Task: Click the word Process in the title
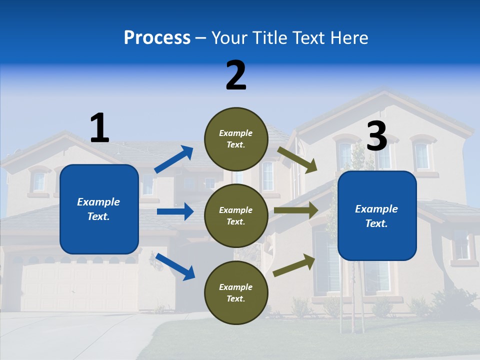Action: pyautogui.click(x=157, y=37)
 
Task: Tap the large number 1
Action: pyautogui.click(x=99, y=128)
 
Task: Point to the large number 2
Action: pyautogui.click(x=236, y=75)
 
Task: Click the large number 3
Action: pyautogui.click(x=377, y=136)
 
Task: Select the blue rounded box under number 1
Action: pyautogui.click(x=99, y=209)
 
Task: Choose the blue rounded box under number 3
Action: pyautogui.click(x=377, y=215)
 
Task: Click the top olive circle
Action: pyautogui.click(x=236, y=139)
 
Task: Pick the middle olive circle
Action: pyautogui.click(x=236, y=215)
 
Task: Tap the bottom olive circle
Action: pyautogui.click(x=236, y=292)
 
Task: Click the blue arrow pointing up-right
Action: pyautogui.click(x=174, y=159)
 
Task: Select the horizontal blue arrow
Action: pyautogui.click(x=175, y=211)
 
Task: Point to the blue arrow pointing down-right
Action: pyautogui.click(x=175, y=266)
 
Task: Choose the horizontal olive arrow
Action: pyautogui.click(x=296, y=210)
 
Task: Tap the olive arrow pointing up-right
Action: pyautogui.click(x=294, y=265)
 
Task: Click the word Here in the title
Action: pyautogui.click(x=348, y=37)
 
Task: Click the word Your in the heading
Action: pyautogui.click(x=229, y=37)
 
